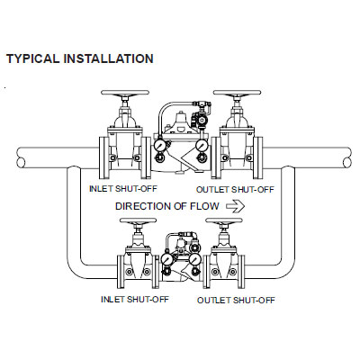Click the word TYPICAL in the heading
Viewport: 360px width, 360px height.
click(x=33, y=58)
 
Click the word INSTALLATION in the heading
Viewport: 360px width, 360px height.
click(x=109, y=58)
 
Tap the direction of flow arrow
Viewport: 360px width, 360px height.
click(x=235, y=206)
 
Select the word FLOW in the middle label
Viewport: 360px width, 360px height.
click(x=204, y=206)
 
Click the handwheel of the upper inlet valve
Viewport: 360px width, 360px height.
click(x=125, y=93)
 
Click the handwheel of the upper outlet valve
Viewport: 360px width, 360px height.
click(x=237, y=93)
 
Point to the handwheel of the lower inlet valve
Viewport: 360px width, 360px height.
click(x=138, y=220)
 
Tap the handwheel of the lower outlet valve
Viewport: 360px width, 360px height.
click(x=224, y=220)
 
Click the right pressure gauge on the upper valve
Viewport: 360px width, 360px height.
click(x=201, y=146)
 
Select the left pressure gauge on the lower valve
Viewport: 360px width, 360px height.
click(x=166, y=258)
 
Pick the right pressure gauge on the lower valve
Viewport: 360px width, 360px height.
click(x=195, y=258)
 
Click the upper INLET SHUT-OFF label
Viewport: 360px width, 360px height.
click(x=123, y=189)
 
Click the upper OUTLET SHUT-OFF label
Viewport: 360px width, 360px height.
click(x=235, y=190)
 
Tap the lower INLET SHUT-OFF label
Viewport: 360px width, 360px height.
click(x=135, y=300)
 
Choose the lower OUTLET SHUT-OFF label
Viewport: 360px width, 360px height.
click(x=236, y=301)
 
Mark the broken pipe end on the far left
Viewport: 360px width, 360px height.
click(x=21, y=157)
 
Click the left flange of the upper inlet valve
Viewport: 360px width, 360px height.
click(x=103, y=157)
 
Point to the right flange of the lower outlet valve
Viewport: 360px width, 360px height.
click(x=241, y=272)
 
